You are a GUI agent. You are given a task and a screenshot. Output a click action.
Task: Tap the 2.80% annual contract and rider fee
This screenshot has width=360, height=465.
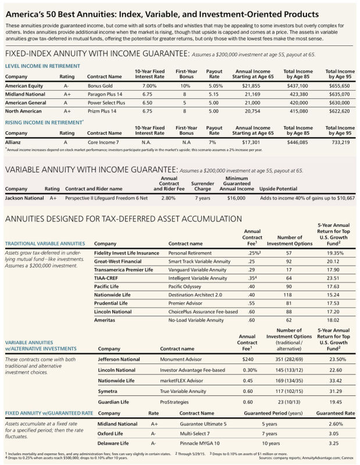click(167, 198)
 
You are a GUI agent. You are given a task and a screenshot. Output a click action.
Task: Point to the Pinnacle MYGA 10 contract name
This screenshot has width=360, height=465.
click(200, 443)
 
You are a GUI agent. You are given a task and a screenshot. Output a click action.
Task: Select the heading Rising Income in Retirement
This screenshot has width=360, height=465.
click(44, 123)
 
